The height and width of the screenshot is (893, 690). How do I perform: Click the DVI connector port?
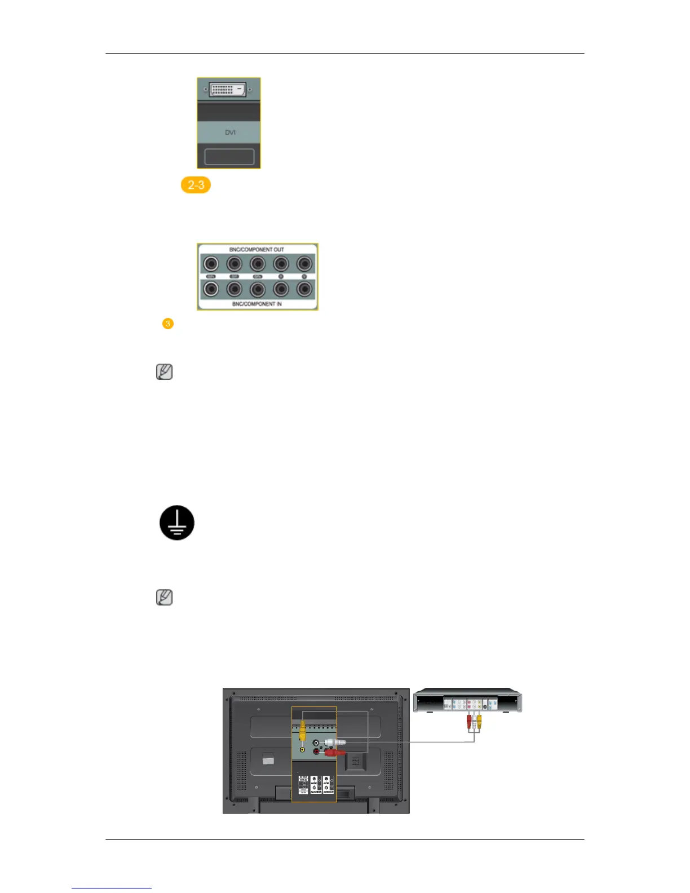[228, 89]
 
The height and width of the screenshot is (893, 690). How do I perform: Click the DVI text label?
[230, 132]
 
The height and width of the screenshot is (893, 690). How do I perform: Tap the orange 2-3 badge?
[196, 185]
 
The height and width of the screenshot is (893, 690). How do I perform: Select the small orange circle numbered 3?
[167, 324]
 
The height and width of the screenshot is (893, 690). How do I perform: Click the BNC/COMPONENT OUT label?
[256, 249]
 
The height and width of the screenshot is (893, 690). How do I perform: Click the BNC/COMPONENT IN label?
[256, 304]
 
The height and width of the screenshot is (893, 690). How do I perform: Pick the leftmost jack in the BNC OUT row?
[211, 263]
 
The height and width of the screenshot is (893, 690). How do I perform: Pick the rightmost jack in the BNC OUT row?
[304, 263]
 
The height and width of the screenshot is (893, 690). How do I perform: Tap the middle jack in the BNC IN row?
[258, 289]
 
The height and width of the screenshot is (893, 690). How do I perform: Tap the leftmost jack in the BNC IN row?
[211, 289]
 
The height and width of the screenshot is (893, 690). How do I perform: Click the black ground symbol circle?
[177, 523]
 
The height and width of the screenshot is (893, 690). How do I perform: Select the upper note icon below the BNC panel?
[164, 372]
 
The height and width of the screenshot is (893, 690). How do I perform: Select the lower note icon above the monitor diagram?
[164, 598]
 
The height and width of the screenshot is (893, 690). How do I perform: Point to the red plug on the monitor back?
[334, 752]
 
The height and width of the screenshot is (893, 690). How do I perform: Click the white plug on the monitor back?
[334, 742]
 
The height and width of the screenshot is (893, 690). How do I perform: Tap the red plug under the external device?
[468, 722]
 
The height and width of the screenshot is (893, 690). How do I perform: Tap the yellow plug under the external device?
[479, 722]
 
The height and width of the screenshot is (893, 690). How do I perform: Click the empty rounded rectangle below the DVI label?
[229, 157]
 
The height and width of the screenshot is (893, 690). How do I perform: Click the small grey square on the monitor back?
[268, 761]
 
